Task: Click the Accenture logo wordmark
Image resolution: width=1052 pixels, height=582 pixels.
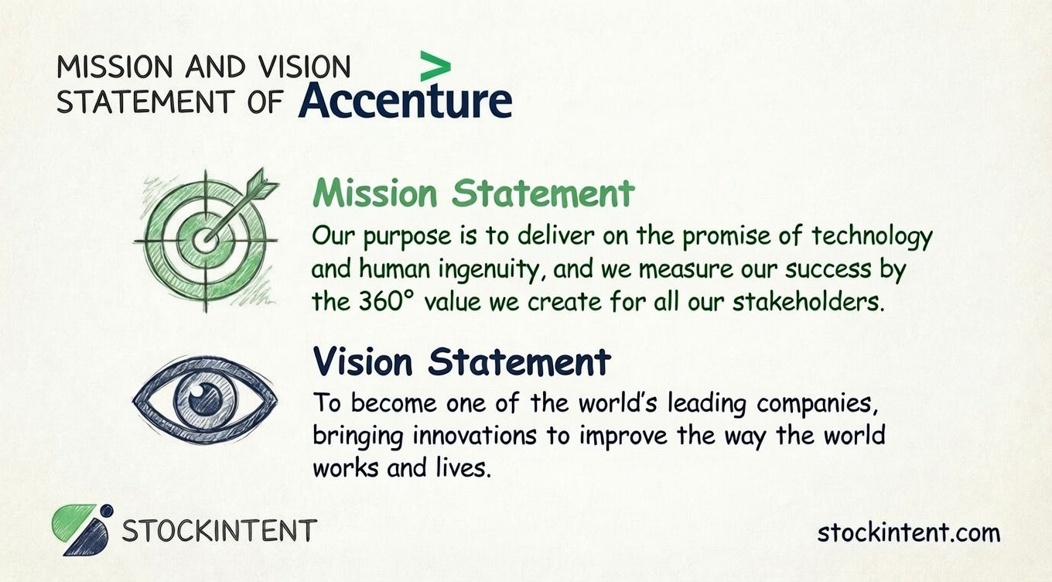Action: point(405,101)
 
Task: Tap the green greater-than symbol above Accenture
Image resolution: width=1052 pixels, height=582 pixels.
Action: point(435,67)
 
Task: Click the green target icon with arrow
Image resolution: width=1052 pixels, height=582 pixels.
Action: point(205,238)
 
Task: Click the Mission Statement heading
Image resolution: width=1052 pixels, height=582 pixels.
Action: point(473,193)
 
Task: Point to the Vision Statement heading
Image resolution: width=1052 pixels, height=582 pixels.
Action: point(462,361)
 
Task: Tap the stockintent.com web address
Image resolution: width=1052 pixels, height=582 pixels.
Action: point(909,532)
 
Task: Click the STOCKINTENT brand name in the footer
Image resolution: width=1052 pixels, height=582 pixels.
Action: point(220,531)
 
